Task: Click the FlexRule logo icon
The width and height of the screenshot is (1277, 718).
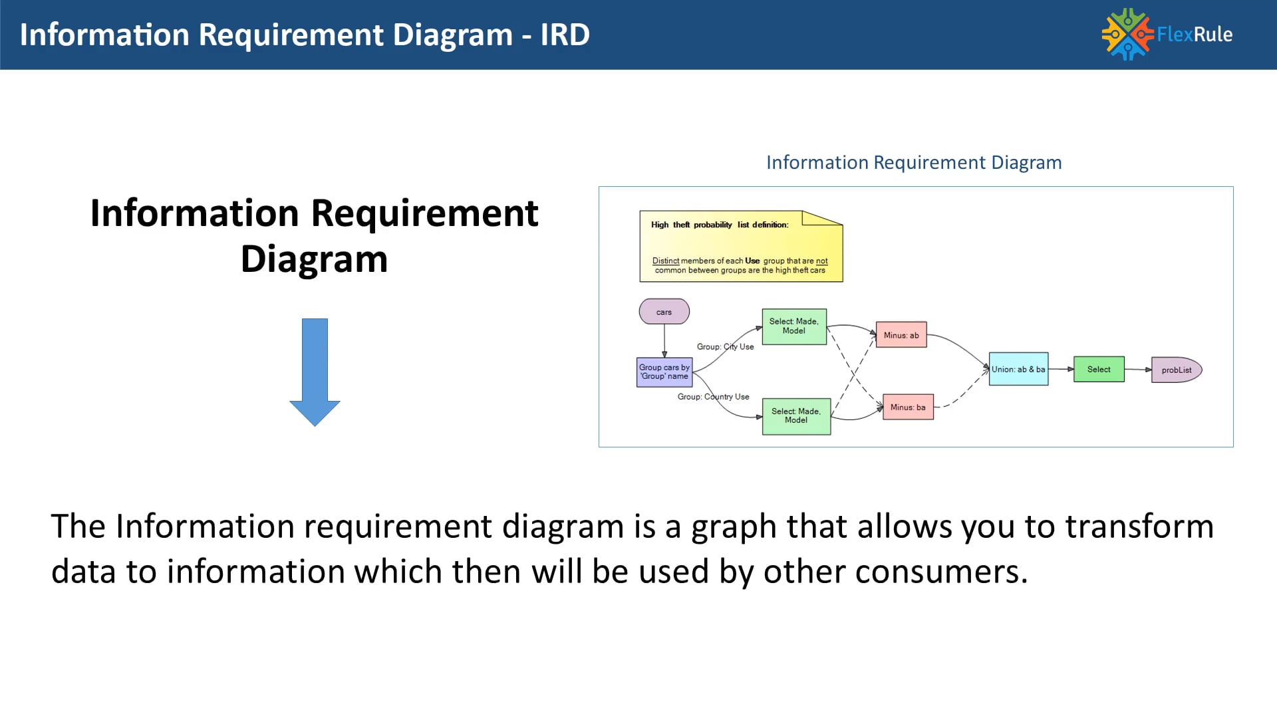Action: tap(1127, 34)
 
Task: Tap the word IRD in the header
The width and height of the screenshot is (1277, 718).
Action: tap(565, 35)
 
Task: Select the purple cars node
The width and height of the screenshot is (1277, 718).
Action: tap(664, 312)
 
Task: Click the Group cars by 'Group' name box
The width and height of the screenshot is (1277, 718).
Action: tap(664, 372)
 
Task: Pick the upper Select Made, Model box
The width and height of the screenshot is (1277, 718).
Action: tap(793, 326)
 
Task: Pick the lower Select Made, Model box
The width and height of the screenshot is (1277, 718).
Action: tap(795, 416)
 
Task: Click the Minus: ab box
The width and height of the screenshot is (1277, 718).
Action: tap(901, 335)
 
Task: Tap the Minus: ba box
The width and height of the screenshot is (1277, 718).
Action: tap(907, 407)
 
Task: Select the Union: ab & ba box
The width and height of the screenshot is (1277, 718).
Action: tap(1018, 369)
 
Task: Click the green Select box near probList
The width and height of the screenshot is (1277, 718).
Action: tap(1098, 369)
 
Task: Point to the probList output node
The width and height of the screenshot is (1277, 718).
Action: tap(1175, 370)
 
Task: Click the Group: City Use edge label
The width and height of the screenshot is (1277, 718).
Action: tap(725, 346)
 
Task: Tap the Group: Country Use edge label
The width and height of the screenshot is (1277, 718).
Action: tap(713, 396)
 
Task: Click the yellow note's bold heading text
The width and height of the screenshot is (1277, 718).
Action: tap(719, 225)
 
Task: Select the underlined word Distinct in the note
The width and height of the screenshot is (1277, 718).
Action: tap(665, 261)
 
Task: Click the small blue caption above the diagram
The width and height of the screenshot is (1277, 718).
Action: tap(913, 162)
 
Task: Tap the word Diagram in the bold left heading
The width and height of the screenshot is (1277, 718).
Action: tap(314, 259)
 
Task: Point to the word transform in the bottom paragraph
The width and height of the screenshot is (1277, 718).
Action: tap(1139, 527)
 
